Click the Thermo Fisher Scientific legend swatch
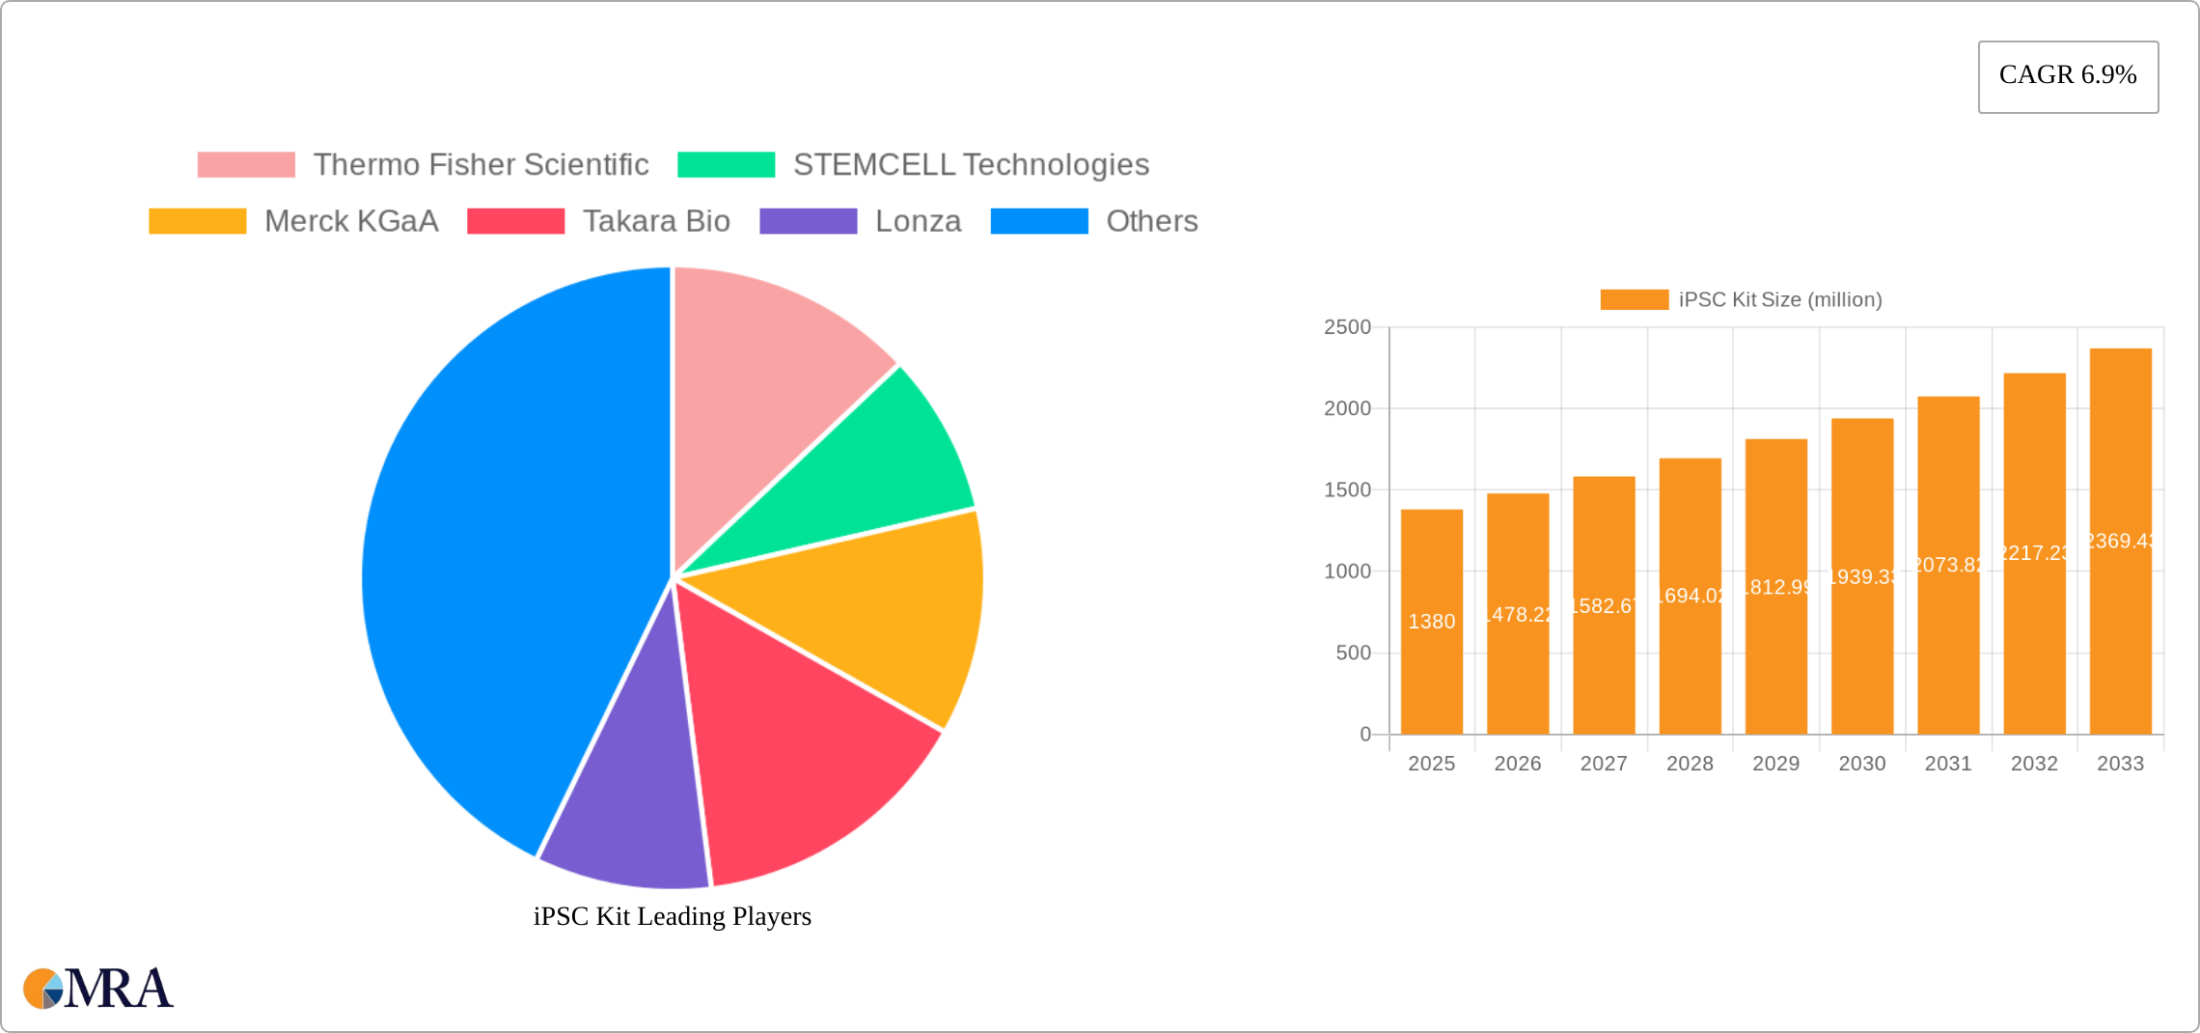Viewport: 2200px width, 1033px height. pyautogui.click(x=246, y=165)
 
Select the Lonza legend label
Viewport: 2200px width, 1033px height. pyautogui.click(x=918, y=221)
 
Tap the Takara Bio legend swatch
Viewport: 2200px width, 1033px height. pyautogui.click(x=515, y=221)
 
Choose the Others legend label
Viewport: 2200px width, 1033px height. pyautogui.click(x=1151, y=221)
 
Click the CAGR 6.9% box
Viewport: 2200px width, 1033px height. pyautogui.click(x=2068, y=76)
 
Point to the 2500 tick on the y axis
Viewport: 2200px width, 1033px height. pyautogui.click(x=1347, y=327)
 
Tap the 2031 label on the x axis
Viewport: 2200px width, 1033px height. pyautogui.click(x=1947, y=764)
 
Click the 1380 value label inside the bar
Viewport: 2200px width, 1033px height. pyautogui.click(x=1431, y=622)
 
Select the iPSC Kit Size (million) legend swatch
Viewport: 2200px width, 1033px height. pyautogui.click(x=1634, y=300)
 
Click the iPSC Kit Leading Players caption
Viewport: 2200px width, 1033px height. pyautogui.click(x=672, y=916)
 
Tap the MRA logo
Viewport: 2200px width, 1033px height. pyautogui.click(x=98, y=989)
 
